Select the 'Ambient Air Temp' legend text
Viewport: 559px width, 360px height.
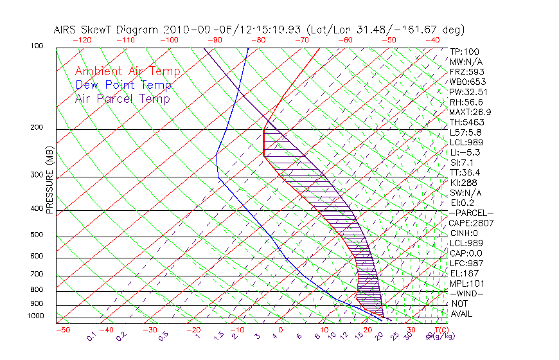coord(127,71)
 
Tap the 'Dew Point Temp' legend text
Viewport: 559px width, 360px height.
coord(123,85)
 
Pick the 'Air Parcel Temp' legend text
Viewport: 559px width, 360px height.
coord(122,98)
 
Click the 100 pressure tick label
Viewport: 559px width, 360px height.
coord(37,46)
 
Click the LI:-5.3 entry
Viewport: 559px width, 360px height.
coord(465,152)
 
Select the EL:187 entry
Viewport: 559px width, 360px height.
coord(465,273)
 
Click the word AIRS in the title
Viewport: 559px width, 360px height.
coord(67,30)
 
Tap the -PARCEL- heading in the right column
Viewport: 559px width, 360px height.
coord(471,213)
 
